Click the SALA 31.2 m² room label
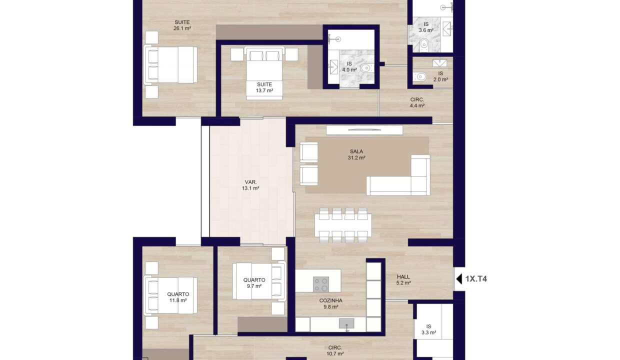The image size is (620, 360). (356, 154)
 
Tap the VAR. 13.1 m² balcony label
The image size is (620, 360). (250, 185)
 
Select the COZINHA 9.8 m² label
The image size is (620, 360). (331, 303)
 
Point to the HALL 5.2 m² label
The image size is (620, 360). (403, 280)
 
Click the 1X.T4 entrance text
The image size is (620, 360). (476, 279)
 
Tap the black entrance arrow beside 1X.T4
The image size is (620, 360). (459, 279)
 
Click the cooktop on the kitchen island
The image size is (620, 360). (321, 284)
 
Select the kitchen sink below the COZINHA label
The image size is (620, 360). (346, 324)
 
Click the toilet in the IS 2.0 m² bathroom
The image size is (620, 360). (420, 76)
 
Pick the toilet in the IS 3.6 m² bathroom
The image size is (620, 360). (424, 45)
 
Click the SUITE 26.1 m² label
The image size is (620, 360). (182, 25)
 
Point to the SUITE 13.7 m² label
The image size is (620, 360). (264, 87)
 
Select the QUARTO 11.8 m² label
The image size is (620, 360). (178, 297)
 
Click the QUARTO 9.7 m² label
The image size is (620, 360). (254, 283)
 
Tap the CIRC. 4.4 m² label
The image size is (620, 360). (417, 102)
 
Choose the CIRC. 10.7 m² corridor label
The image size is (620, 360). (335, 350)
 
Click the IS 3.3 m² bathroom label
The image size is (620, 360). (428, 329)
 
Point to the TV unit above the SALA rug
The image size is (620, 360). (364, 130)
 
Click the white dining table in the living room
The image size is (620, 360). (343, 225)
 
